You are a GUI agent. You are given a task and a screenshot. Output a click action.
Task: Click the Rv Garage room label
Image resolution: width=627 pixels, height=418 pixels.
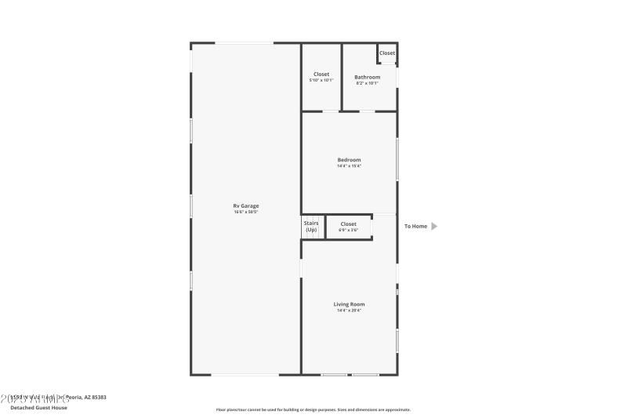coord(245,206)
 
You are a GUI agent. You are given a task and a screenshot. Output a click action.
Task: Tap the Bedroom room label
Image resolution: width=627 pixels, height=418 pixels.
coord(349,160)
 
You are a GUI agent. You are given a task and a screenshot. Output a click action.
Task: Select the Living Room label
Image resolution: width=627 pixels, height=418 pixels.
coord(349,304)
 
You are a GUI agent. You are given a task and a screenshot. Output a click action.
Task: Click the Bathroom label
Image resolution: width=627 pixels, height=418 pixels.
coord(367,77)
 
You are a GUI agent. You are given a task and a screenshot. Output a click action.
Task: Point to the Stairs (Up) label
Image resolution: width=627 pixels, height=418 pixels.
coord(311,226)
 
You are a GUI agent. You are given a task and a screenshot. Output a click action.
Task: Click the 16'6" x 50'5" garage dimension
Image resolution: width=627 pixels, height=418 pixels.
coord(245,212)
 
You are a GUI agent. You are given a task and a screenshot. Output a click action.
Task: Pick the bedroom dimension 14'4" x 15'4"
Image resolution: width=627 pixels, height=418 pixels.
coord(349,165)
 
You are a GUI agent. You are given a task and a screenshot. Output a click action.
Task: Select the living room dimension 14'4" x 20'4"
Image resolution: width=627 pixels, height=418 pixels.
coord(349,310)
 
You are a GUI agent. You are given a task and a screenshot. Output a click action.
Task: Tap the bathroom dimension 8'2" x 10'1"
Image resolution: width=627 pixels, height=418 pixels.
coord(367,82)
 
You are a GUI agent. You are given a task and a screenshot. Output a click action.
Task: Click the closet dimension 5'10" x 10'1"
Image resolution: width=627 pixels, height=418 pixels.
coord(321,80)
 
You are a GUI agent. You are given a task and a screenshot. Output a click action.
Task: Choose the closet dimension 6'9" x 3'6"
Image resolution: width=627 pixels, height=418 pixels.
coord(348,230)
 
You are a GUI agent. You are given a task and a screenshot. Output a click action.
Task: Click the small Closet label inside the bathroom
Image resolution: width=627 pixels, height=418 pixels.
coord(387,53)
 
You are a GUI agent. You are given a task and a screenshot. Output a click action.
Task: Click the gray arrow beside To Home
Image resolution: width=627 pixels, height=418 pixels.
coord(435,227)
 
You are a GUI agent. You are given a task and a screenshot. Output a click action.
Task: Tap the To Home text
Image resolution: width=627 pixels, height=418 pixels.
coord(416,227)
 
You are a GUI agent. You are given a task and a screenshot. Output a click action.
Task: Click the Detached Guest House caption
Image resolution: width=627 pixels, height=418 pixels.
coord(38,407)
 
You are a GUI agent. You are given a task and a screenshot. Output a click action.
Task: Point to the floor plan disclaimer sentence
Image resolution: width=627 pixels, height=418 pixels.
coord(313,409)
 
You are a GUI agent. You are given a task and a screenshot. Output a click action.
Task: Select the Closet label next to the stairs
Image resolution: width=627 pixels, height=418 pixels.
coord(348,224)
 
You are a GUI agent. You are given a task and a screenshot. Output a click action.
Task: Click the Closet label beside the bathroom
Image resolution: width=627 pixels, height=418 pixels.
coord(321,75)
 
